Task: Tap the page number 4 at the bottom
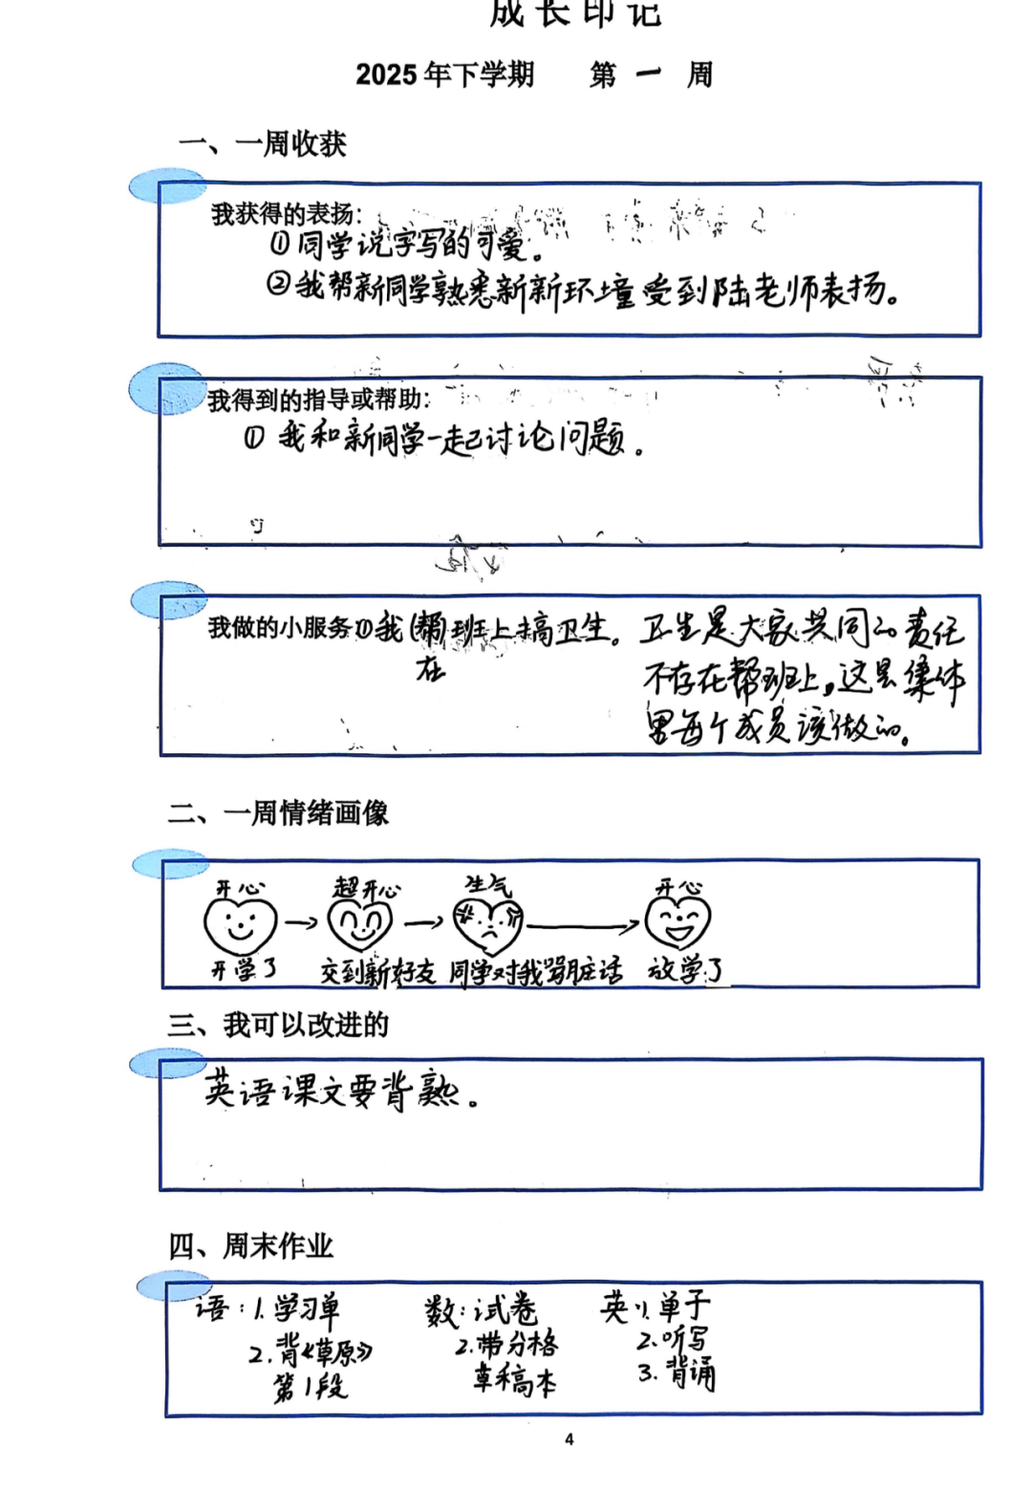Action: [x=570, y=1439]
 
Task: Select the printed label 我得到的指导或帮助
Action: [x=318, y=400]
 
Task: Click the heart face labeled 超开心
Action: [x=360, y=924]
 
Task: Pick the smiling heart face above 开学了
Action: [x=240, y=924]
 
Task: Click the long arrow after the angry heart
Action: [x=582, y=925]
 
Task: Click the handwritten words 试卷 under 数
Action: [x=506, y=1310]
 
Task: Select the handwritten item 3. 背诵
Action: [x=677, y=1373]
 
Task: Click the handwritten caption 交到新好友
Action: [x=377, y=972]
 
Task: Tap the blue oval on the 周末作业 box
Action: [x=172, y=1286]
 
